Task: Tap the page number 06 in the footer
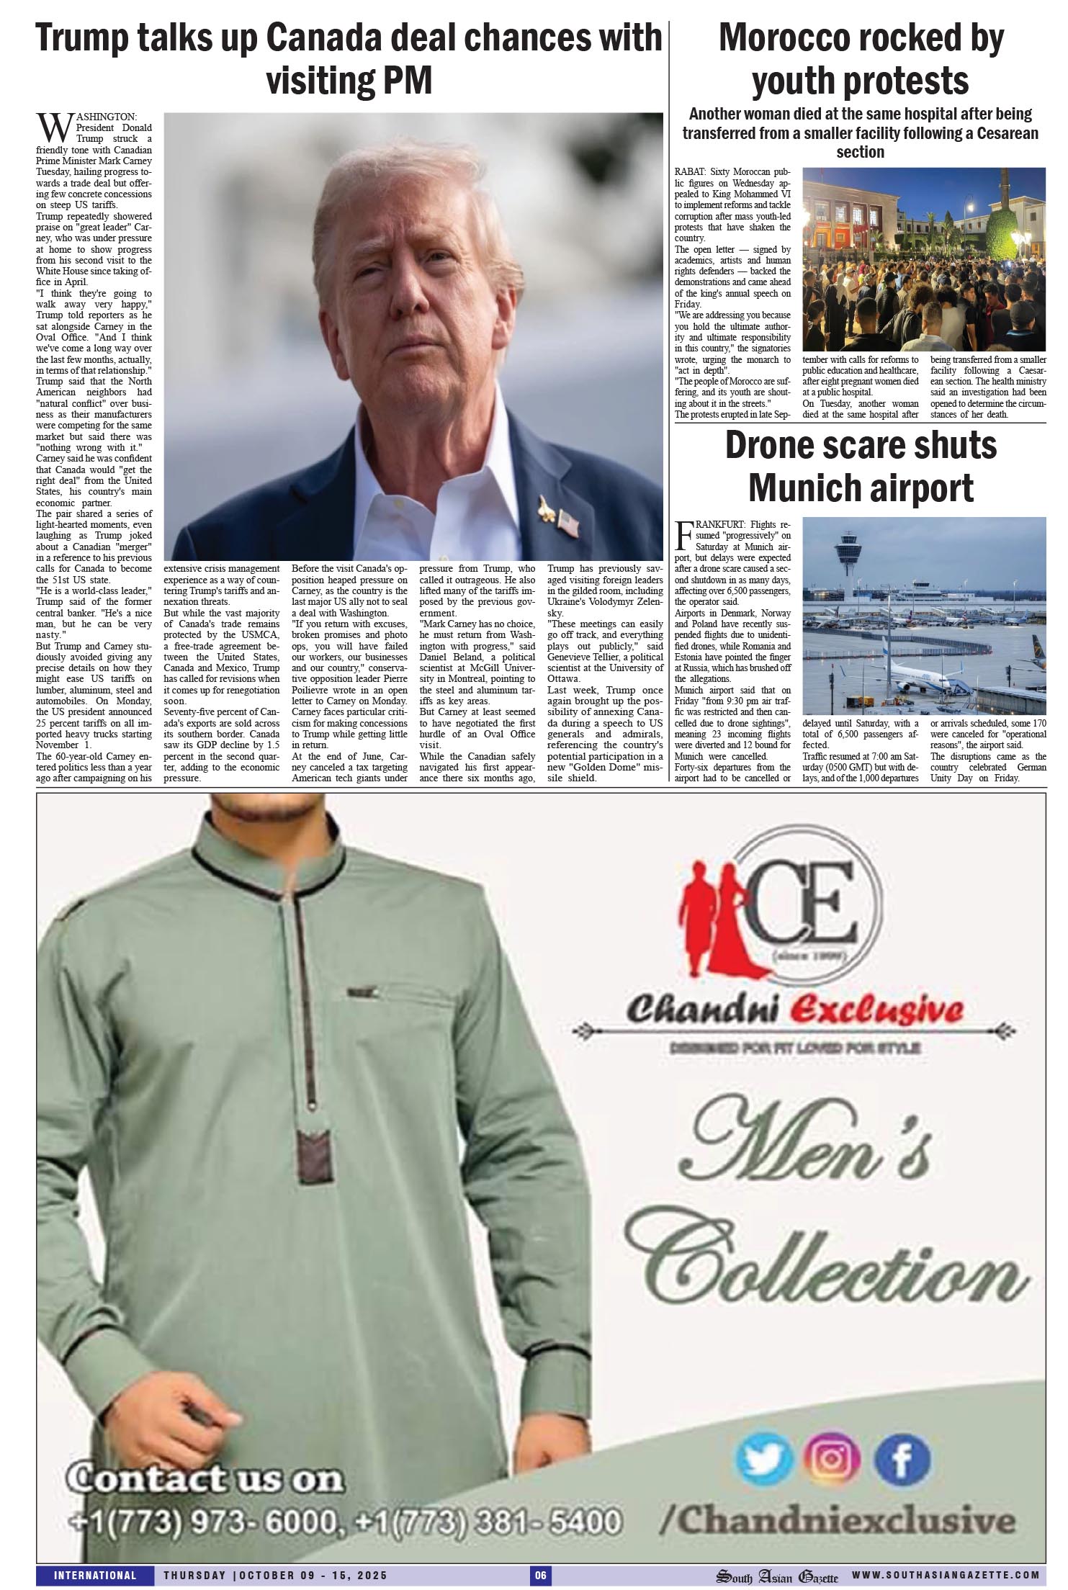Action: (x=540, y=1576)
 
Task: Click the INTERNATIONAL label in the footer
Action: (x=95, y=1576)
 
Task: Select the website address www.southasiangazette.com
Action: (x=946, y=1576)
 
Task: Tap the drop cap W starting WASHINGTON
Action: (x=53, y=128)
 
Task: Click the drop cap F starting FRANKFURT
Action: (x=686, y=534)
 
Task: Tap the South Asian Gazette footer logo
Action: (x=776, y=1576)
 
